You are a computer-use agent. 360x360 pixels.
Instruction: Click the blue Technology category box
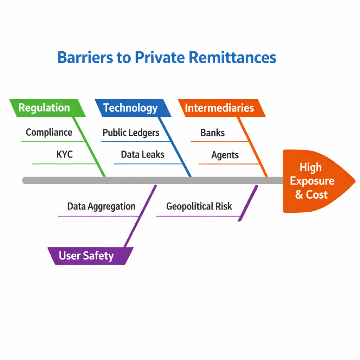[x=130, y=108]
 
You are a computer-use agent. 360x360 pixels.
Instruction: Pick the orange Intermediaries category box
[x=219, y=108]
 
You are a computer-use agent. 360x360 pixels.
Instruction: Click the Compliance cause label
[x=49, y=133]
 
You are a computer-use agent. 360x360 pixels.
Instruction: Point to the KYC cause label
[x=64, y=154]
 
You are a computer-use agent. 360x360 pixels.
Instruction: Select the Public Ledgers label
[x=131, y=133]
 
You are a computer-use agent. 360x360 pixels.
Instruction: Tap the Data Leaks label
[x=142, y=154]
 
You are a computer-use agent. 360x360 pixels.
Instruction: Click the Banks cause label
[x=212, y=133]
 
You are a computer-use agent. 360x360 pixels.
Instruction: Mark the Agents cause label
[x=225, y=155]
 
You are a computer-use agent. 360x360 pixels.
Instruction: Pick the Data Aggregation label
[x=101, y=206]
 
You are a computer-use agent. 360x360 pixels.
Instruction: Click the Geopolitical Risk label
[x=199, y=206]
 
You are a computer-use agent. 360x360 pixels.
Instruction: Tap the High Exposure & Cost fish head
[x=313, y=181]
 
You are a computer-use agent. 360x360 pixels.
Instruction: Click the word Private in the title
[x=160, y=57]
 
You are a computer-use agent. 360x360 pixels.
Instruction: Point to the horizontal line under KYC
[x=63, y=164]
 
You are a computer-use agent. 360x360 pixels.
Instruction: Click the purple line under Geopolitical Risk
[x=197, y=216]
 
